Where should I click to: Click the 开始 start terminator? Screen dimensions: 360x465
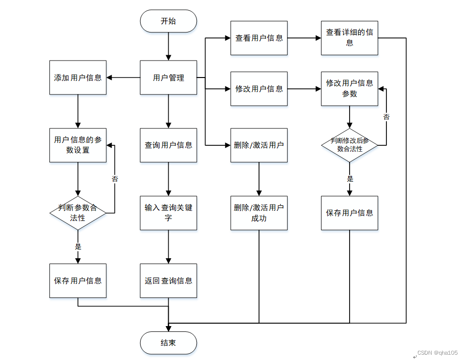168,21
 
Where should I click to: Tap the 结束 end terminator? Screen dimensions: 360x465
168,343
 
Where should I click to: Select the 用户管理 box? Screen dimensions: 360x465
168,78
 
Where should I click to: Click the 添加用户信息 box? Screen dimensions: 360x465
78,78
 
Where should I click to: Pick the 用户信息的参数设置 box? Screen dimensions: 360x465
78,145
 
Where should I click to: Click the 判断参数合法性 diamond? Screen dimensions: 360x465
78,213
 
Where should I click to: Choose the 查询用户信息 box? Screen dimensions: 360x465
168,145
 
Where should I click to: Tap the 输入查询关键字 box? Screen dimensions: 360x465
168,213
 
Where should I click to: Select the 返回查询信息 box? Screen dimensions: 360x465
168,281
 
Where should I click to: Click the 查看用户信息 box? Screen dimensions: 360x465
259,38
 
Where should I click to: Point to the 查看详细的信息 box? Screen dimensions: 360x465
349,38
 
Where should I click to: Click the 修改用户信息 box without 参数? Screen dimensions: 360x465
259,89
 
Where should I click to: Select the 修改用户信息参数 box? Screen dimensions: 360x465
349,89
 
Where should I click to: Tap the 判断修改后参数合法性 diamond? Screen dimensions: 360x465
349,145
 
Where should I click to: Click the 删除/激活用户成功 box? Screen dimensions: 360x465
259,213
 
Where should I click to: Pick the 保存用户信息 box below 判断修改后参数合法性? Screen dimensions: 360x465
349,213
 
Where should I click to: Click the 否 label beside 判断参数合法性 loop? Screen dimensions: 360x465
115,179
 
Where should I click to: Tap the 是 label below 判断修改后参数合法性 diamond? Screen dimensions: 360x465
350,179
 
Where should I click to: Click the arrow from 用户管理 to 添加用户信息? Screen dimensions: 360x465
124,78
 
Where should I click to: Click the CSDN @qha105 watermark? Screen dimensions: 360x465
437,353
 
